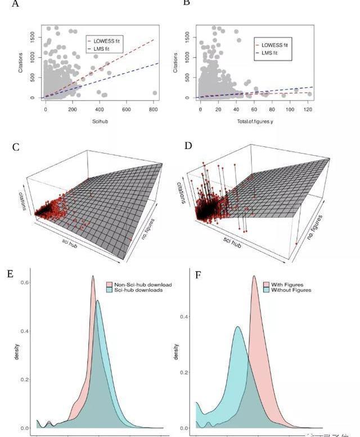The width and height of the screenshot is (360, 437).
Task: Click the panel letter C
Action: (16, 147)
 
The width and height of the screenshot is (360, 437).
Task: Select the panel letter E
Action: (10, 274)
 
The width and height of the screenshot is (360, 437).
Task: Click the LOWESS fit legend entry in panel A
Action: (106, 41)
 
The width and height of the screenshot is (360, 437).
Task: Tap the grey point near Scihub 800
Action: (155, 93)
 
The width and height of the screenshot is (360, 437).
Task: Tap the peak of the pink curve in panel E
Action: (93, 276)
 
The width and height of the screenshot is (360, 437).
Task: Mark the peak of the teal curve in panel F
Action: (238, 327)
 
